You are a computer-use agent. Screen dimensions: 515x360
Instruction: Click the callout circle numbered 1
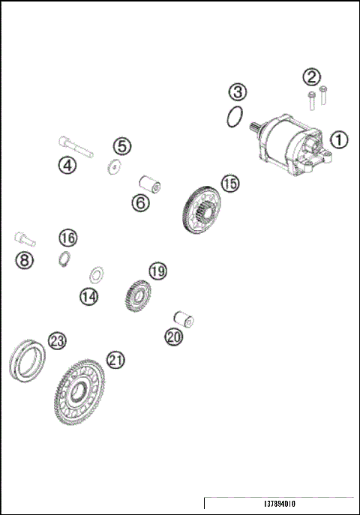pos(340,139)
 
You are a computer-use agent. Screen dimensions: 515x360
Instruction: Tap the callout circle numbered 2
pos(311,76)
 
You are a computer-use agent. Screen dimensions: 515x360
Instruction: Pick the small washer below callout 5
pos(113,167)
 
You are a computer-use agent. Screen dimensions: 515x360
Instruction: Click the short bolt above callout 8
pos(23,239)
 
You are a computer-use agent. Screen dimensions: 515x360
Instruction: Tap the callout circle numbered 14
pos(89,296)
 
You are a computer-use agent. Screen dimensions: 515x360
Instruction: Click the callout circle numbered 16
pos(67,238)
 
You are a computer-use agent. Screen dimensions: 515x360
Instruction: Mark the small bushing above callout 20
pos(184,319)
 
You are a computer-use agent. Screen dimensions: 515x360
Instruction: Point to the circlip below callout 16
pos(65,259)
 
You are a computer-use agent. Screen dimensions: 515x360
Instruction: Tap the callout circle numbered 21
pos(115,360)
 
